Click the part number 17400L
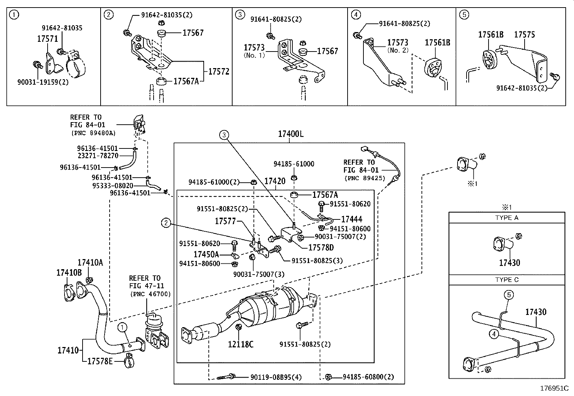tap(291, 134)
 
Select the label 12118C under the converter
tap(240, 344)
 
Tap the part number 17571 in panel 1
tap(47, 39)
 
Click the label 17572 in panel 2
tap(218, 71)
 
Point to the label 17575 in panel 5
tap(524, 35)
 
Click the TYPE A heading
tap(507, 218)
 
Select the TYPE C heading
tap(507, 280)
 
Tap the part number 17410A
tap(90, 262)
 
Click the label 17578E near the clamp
tap(100, 360)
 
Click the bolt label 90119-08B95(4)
tap(276, 377)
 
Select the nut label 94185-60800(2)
tap(368, 377)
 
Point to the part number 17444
tap(352, 219)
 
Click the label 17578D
tap(321, 248)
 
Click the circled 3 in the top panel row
tap(240, 15)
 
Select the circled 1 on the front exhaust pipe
tap(123, 327)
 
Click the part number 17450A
tap(206, 254)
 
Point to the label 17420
tap(275, 181)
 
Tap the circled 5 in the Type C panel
tap(508, 295)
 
